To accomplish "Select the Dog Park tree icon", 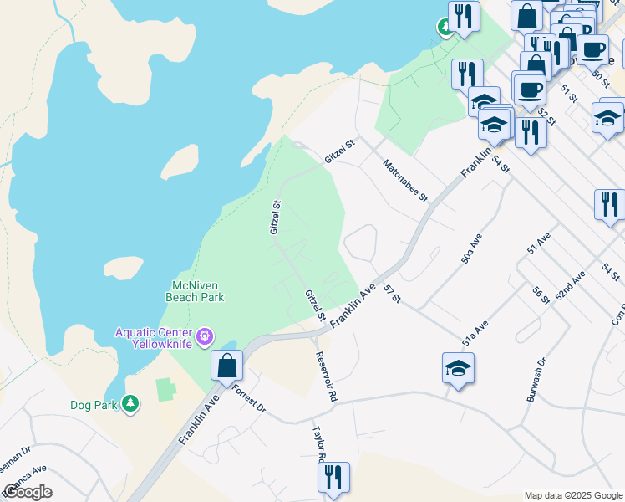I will (130, 404).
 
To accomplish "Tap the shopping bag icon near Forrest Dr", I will (226, 366).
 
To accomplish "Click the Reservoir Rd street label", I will (326, 374).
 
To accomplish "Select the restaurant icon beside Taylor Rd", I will (333, 477).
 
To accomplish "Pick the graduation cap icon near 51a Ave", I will (458, 368).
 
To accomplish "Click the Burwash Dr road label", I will (536, 382).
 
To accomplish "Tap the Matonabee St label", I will (405, 182).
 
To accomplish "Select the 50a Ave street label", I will (473, 249).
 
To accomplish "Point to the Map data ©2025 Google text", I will (573, 495).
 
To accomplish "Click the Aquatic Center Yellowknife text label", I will (154, 338).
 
